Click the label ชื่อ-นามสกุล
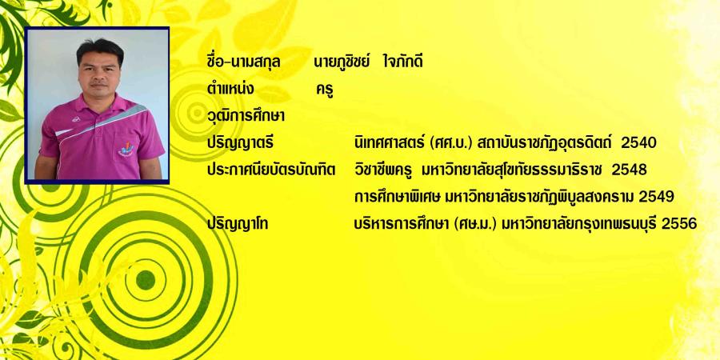243,62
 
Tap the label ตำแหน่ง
230,89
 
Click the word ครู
325,90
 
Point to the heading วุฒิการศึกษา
246,116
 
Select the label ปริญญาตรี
240,144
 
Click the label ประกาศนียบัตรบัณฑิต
271,170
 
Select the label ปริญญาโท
238,224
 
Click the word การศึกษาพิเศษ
398,197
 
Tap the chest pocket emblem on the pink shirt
126,150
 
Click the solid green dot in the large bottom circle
146,280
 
